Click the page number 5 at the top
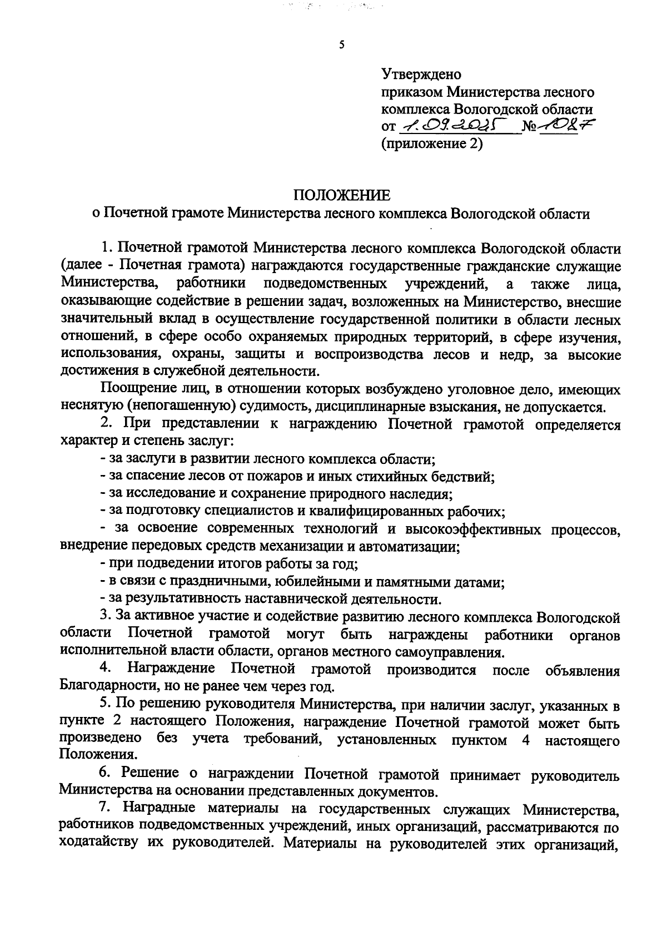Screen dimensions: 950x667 coord(341,45)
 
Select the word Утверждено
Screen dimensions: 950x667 coord(421,73)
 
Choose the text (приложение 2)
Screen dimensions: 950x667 coord(431,144)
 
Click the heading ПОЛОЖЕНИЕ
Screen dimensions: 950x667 coord(342,195)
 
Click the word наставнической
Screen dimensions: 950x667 coord(293,599)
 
